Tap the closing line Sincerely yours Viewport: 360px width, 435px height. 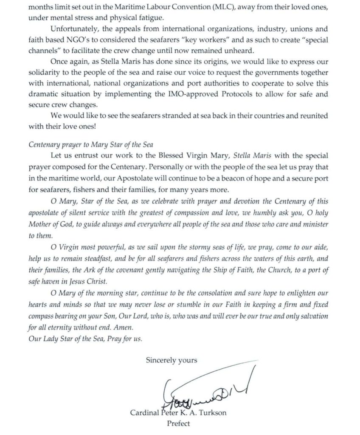tap(172, 360)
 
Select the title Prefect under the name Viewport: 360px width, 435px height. tap(178, 423)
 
